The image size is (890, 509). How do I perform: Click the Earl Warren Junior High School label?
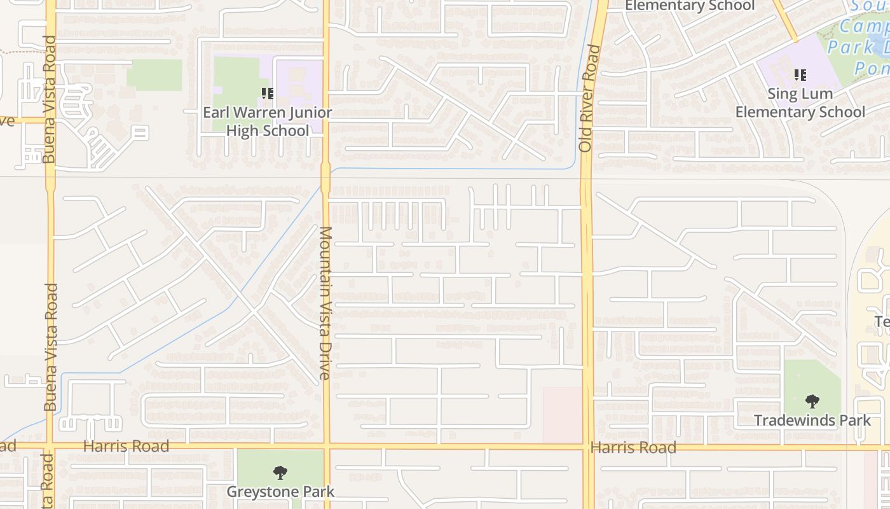267,122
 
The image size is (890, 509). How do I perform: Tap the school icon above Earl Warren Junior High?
268,94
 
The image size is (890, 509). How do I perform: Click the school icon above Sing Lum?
800,75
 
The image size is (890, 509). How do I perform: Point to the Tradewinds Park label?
812,420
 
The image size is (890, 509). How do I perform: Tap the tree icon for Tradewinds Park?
812,401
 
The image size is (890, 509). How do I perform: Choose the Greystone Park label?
280,491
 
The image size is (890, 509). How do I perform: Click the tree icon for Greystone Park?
280,473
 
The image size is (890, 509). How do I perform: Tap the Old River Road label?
585,98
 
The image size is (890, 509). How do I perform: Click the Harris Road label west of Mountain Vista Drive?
126,446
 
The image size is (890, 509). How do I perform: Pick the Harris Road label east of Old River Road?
633,447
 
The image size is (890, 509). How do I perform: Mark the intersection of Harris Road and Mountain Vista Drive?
326,446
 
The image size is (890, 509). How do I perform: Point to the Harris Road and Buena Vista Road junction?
50,446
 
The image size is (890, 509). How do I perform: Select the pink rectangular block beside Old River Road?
563,414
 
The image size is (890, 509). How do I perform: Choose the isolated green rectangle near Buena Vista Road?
154,75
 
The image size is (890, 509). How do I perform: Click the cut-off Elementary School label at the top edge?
689,6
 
